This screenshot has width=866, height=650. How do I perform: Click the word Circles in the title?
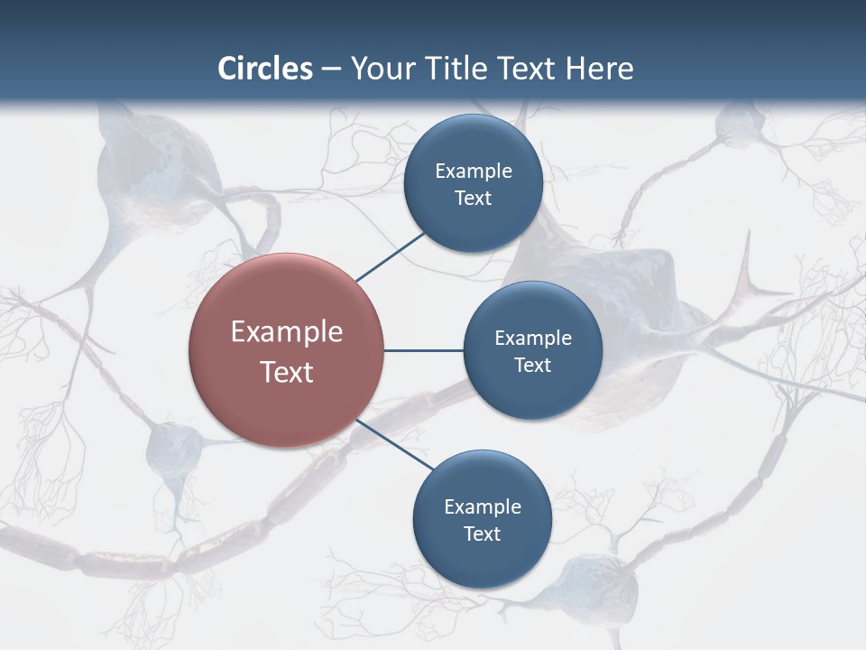pos(264,69)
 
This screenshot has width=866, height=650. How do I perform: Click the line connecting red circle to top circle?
pos(390,256)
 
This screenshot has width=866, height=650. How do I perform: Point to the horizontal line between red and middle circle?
pos(424,350)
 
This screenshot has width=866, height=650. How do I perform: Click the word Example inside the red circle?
pos(287,332)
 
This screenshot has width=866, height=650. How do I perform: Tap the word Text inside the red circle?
pos(287,372)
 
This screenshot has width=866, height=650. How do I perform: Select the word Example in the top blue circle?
pos(473,172)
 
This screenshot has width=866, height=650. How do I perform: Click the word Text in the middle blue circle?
pos(532,366)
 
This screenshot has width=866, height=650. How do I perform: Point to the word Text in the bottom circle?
pos(482,534)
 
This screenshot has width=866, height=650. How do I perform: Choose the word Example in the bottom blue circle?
pos(482,507)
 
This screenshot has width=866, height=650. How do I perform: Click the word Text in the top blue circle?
pos(473,199)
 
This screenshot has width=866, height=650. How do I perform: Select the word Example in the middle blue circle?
pos(532,339)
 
